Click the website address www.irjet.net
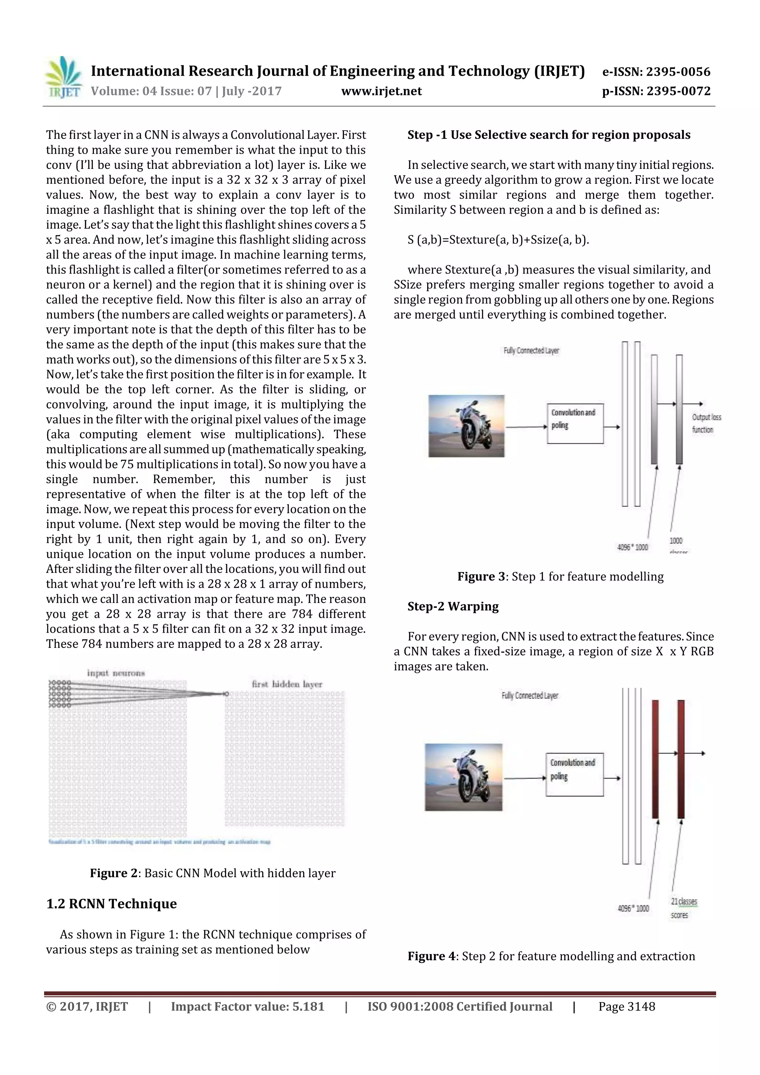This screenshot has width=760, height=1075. pyautogui.click(x=381, y=91)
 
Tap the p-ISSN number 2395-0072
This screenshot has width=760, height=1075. pyautogui.click(x=678, y=91)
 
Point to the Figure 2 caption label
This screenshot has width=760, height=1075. pyautogui.click(x=115, y=873)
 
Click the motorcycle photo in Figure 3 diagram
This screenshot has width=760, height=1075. pyautogui.click(x=466, y=426)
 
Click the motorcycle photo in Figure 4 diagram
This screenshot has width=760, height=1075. pyautogui.click(x=463, y=777)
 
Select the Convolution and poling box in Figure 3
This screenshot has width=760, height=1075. pyautogui.click(x=575, y=424)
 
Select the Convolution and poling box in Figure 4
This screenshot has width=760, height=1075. pyautogui.click(x=574, y=775)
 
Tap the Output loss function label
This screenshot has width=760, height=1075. pyautogui.click(x=706, y=423)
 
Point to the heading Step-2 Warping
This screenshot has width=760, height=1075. pyautogui.click(x=452, y=606)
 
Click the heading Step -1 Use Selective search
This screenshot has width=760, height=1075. pyautogui.click(x=548, y=135)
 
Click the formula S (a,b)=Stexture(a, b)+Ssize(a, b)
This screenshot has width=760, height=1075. pyautogui.click(x=498, y=240)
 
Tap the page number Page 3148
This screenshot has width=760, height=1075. pyautogui.click(x=626, y=1007)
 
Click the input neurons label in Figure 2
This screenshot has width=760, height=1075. pyautogui.click(x=116, y=673)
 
